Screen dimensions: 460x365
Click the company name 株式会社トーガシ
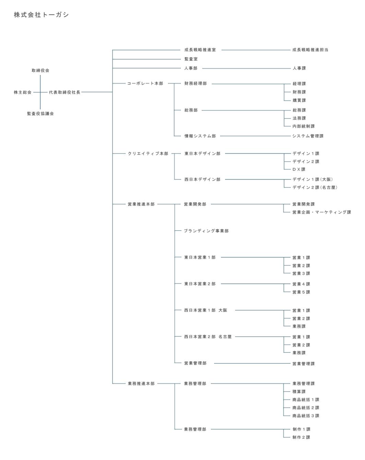pos(41,15)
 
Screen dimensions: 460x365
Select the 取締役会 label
pos(40,71)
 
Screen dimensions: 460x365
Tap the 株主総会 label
pos(23,92)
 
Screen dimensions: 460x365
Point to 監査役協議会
pos(40,114)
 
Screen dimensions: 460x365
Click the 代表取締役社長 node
pos(64,92)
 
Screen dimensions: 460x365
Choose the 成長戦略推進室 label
pos(200,50)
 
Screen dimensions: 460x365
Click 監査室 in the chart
pos(191,59)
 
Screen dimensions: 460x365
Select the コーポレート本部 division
pos(145,84)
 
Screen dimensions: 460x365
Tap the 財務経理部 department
pos(196,84)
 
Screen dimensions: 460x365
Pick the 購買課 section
pos(299,100)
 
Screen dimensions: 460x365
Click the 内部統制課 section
pos(304,126)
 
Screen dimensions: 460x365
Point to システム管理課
pos(308,136)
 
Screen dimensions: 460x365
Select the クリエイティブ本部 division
pos(148,154)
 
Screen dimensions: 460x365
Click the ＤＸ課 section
pos(299,170)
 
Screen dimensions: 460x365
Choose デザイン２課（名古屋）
pos(315,187)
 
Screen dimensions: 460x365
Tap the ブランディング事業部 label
pos(206,231)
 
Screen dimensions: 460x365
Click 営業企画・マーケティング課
pos(321,212)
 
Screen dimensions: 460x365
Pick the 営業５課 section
pos(301,292)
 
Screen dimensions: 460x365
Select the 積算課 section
pos(299,391)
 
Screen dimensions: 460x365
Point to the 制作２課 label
pos(301,437)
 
